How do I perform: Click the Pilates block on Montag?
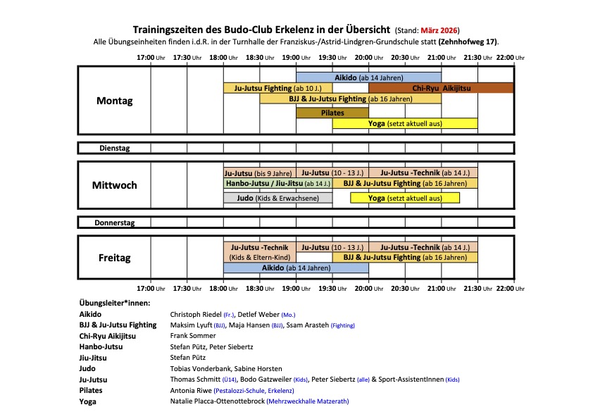[x=332, y=113]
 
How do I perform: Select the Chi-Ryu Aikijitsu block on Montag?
[x=441, y=88]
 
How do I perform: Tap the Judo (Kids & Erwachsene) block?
[x=277, y=198]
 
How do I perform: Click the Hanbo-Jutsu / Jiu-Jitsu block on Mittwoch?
[x=277, y=183]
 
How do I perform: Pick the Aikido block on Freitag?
[x=296, y=268]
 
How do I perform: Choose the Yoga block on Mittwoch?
[x=404, y=198]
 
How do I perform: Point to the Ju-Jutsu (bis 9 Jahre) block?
[x=258, y=173]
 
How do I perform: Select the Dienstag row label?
[x=114, y=148]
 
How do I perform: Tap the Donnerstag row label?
[x=114, y=223]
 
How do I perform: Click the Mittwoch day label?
[x=114, y=185]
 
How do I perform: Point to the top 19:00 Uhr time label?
[x=296, y=57]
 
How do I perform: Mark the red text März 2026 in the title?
[x=439, y=30]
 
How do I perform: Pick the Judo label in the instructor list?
[x=88, y=368]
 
